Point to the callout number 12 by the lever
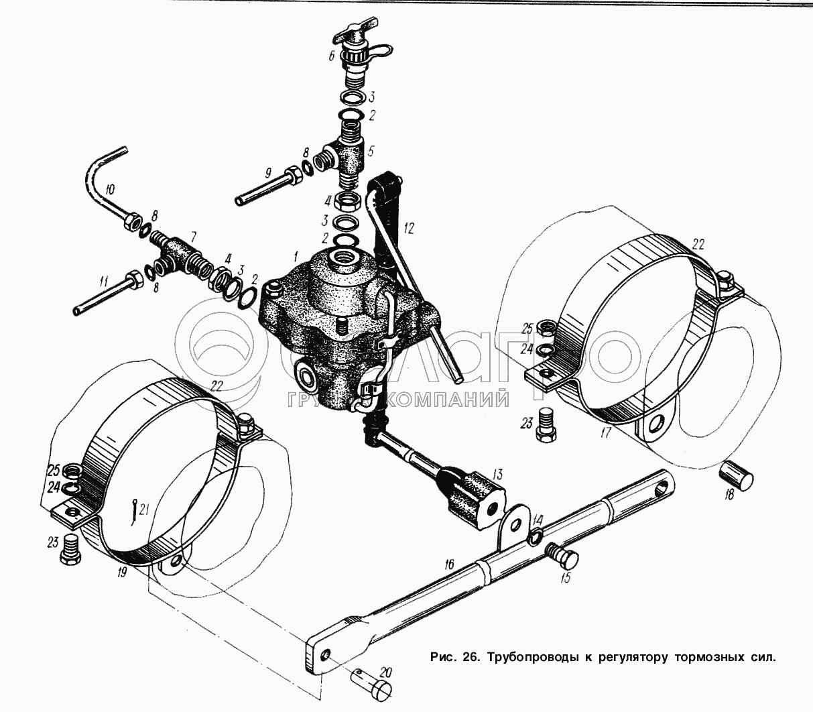tap(410, 228)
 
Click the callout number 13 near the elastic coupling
tap(497, 475)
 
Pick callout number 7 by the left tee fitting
tap(193, 235)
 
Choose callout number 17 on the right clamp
tap(605, 432)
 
